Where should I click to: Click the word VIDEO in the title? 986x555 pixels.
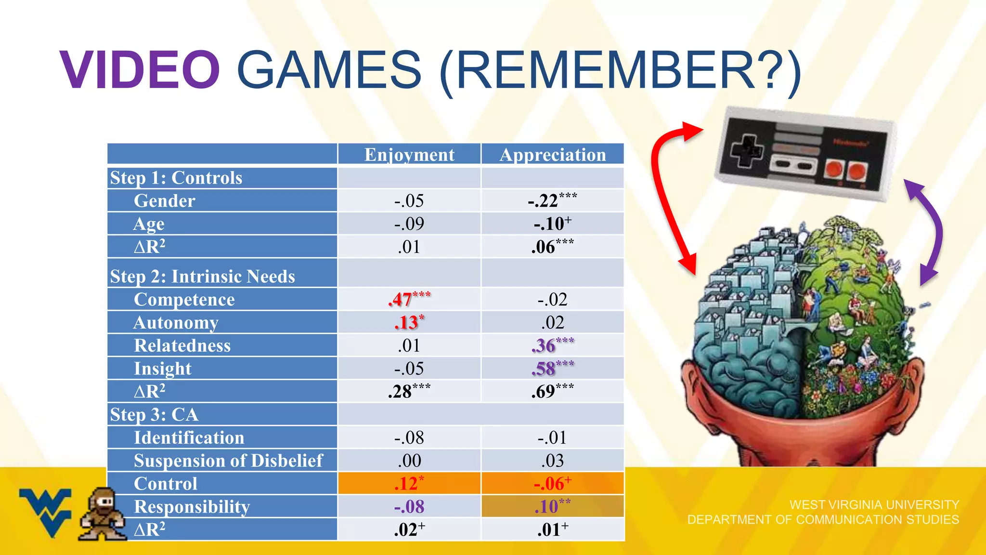pos(140,70)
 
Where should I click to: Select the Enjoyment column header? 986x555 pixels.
pos(409,155)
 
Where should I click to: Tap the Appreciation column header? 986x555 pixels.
pos(553,155)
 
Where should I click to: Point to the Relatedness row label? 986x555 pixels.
pos(182,345)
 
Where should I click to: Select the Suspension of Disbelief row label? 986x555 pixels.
pos(228,461)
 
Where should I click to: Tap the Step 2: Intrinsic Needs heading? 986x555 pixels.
pos(202,277)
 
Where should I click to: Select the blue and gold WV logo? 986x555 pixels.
pos(46,511)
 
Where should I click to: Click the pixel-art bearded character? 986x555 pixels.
pos(103,514)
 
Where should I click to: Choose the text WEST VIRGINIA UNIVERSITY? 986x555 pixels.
pos(874,504)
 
